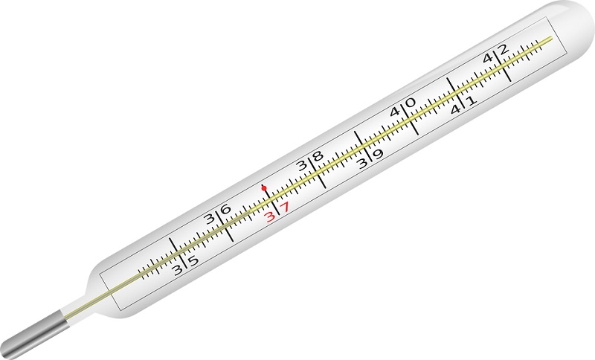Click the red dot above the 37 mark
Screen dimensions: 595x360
point(264,187)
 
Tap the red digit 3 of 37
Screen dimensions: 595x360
point(270,216)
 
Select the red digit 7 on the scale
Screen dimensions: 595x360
point(285,207)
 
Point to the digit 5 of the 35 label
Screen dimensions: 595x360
point(193,261)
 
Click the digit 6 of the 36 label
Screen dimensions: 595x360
point(225,210)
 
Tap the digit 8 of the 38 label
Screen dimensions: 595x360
point(318,156)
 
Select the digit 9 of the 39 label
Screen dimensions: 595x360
point(379,154)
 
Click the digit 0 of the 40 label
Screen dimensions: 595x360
point(411,103)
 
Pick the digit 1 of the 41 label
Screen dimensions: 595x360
point(471,100)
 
